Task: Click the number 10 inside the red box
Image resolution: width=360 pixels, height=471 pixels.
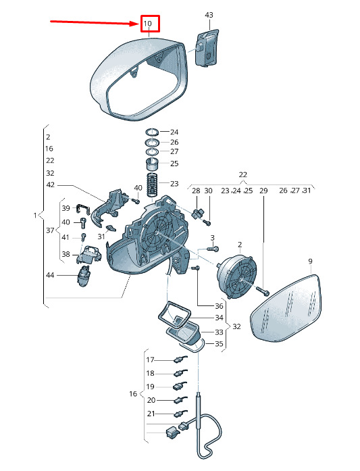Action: [x=147, y=24]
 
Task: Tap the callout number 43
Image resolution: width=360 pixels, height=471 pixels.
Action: [x=209, y=15]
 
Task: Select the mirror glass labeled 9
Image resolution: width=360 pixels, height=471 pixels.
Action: [x=286, y=309]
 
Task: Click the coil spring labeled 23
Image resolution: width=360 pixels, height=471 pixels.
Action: [x=153, y=184]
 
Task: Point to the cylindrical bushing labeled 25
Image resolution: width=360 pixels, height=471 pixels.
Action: [x=153, y=164]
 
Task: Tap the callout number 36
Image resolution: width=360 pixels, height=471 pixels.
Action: [x=220, y=306]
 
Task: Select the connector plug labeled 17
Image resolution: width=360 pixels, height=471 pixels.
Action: [x=180, y=360]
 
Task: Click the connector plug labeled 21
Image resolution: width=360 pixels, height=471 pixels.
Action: [x=180, y=413]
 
